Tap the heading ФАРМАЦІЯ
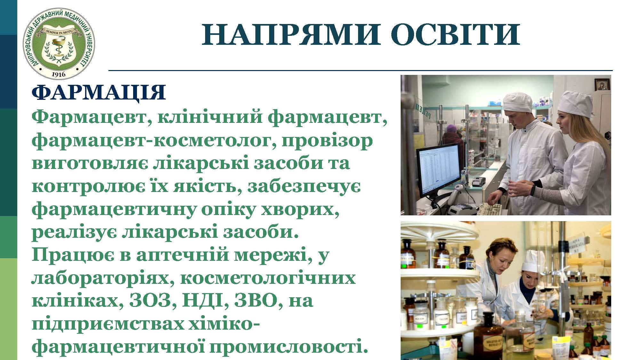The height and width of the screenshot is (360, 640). pyautogui.click(x=99, y=93)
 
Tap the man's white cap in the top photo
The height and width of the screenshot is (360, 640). pyautogui.click(x=518, y=103)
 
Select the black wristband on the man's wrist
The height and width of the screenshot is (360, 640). pyautogui.click(x=533, y=190)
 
